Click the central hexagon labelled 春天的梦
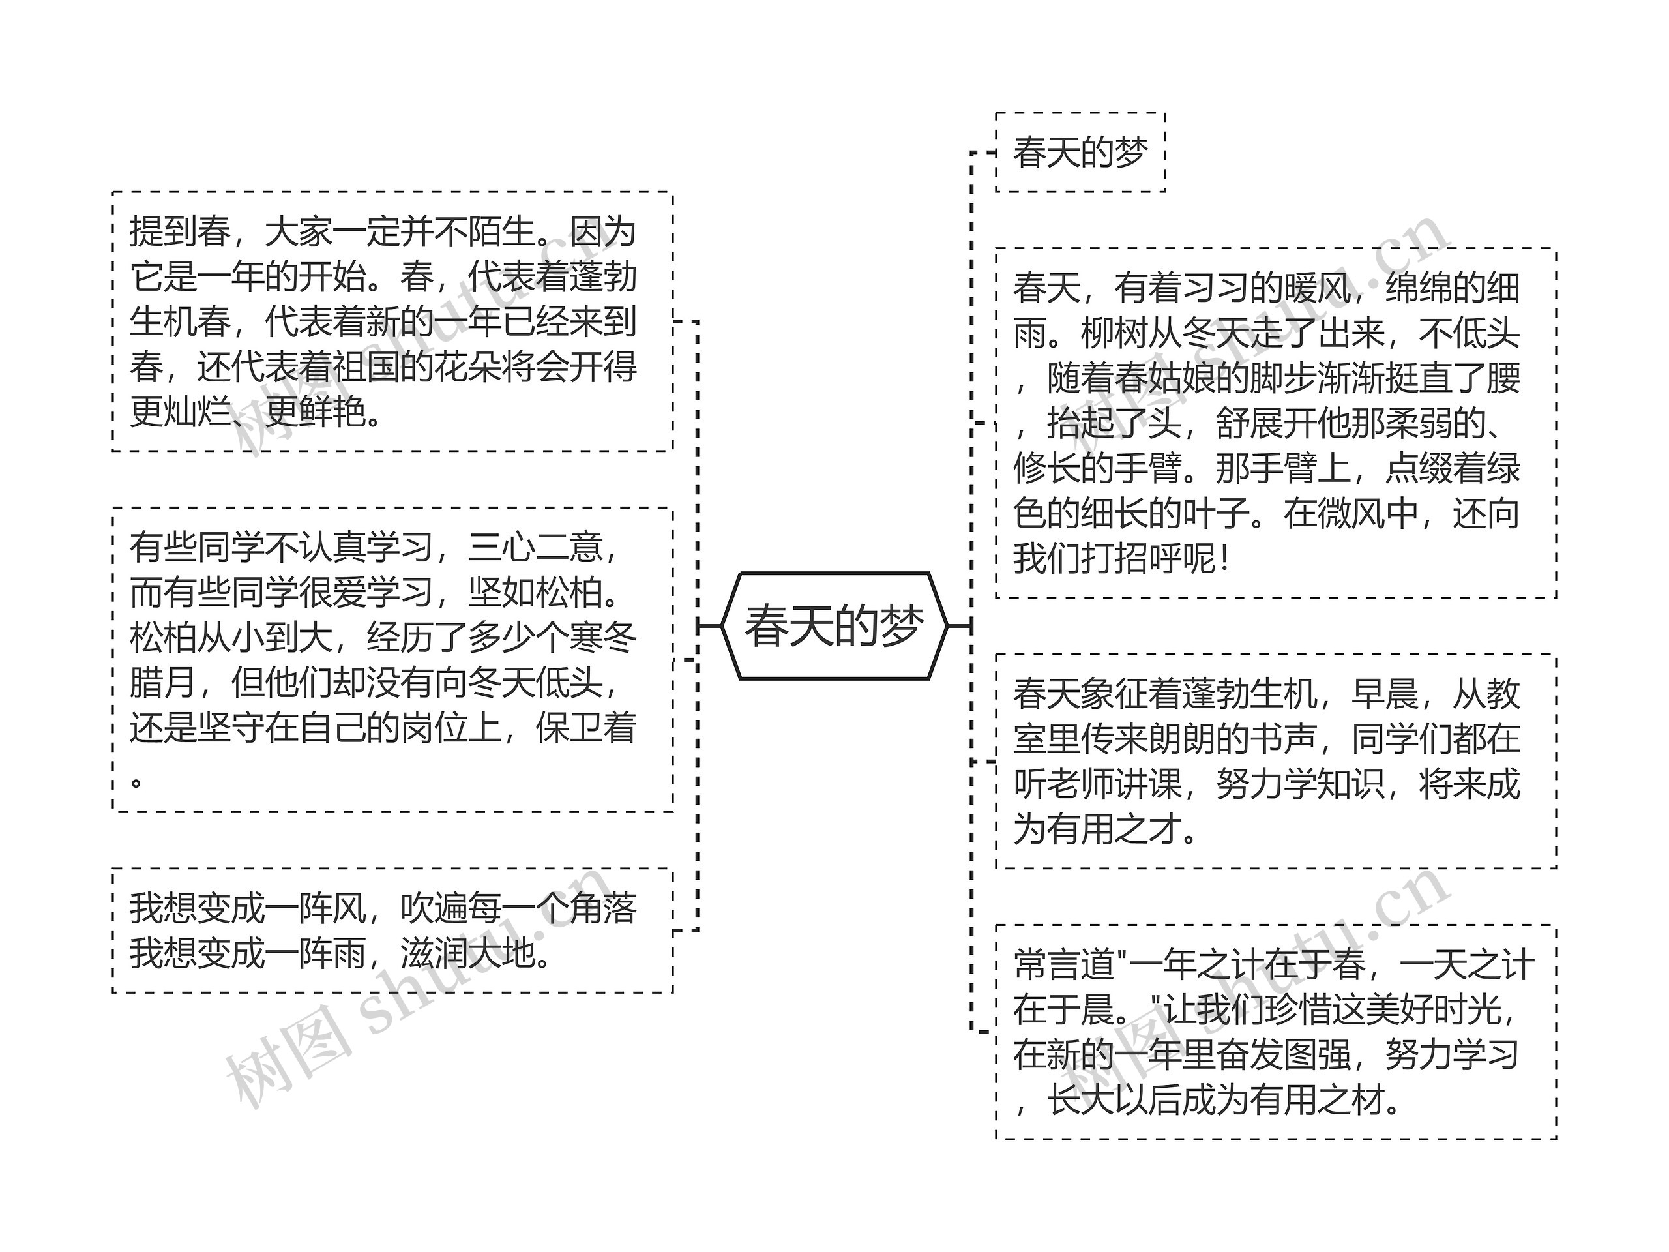coord(834,625)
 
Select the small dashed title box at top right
coord(1080,153)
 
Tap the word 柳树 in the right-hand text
coord(1114,334)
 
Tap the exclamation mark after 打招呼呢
coord(1224,559)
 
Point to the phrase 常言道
coord(1064,964)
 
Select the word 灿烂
coord(197,413)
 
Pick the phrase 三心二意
coord(535,547)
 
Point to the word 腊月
coord(163,683)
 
